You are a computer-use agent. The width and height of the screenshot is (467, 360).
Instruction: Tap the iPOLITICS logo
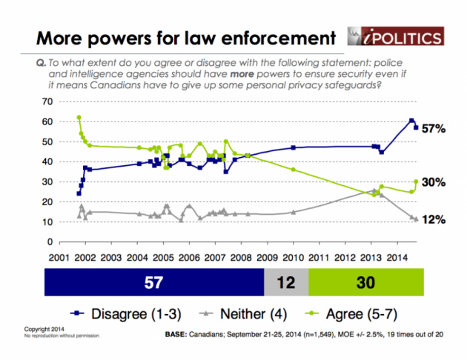coord(397,36)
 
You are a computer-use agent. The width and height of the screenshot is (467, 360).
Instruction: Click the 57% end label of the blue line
coord(433,128)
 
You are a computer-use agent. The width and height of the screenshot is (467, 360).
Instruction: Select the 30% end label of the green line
coord(433,182)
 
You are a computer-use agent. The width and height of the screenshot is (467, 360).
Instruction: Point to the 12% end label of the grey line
coord(433,220)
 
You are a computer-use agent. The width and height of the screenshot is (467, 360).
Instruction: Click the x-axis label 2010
coord(293,256)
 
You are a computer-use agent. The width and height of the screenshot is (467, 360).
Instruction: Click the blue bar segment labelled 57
coord(154,283)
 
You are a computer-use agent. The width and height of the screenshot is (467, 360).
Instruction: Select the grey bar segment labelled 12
coord(286,283)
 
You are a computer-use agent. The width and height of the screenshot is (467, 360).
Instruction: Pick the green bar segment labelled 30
coord(365,283)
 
